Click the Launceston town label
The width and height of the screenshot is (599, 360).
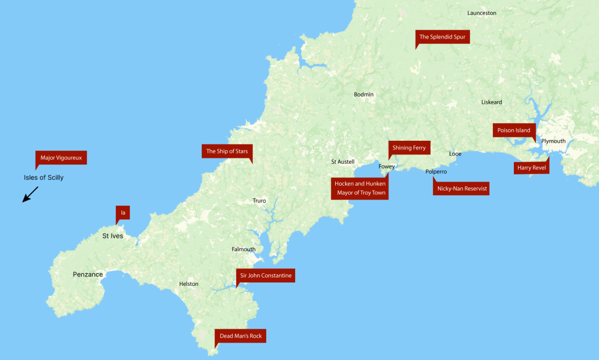(481, 13)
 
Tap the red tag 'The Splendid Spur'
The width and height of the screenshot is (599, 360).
(443, 37)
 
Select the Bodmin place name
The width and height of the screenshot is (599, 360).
(363, 95)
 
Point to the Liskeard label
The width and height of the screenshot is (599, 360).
(491, 102)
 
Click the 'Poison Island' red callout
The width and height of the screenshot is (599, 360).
(514, 130)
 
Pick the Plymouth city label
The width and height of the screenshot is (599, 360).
(553, 141)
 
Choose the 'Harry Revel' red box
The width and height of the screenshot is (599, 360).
(531, 168)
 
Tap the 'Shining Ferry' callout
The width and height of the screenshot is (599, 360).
(409, 148)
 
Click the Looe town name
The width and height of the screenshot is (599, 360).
(455, 154)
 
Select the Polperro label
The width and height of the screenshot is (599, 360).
(436, 171)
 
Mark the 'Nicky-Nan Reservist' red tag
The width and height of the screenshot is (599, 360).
(462, 189)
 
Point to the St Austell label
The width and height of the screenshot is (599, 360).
(342, 162)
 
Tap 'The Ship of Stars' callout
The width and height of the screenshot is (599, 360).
(227, 151)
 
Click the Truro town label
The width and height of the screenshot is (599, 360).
(259, 201)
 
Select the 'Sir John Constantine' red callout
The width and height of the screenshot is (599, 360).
(265, 275)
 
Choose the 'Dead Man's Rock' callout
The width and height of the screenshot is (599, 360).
(241, 336)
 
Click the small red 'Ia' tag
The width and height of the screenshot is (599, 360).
(123, 212)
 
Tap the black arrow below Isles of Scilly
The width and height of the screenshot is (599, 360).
(30, 195)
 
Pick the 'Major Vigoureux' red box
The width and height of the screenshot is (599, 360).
(61, 158)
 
